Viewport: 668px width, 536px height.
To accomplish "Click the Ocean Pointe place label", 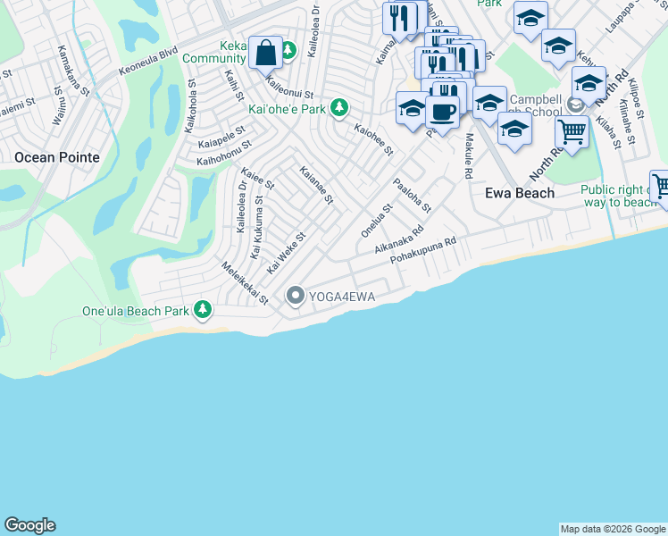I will [x=56, y=156].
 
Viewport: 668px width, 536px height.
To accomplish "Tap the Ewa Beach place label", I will [x=519, y=193].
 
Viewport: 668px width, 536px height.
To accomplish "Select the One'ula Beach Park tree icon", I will [x=204, y=310].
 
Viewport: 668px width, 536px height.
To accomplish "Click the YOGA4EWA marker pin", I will [x=296, y=296].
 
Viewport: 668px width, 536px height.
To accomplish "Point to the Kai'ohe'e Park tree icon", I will [x=338, y=108].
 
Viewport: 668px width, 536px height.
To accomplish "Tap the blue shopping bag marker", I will [x=266, y=53].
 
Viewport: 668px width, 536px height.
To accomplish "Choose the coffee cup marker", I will [x=442, y=112].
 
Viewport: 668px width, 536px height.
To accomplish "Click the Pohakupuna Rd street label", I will [x=423, y=251].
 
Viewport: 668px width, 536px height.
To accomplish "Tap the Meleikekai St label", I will [x=246, y=283].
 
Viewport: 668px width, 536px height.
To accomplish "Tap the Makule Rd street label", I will [x=467, y=156].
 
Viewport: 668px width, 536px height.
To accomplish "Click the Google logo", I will [x=29, y=525].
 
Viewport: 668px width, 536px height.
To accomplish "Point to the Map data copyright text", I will [x=613, y=529].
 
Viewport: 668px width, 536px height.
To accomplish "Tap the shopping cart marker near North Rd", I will [x=572, y=133].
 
